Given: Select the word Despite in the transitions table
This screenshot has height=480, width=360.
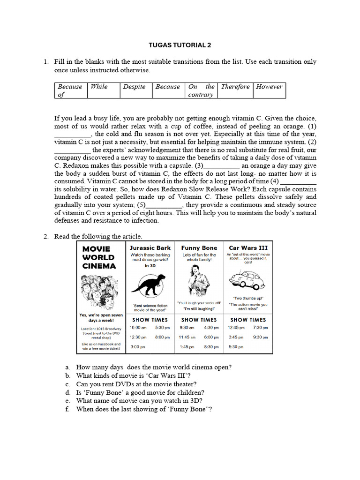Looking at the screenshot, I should (134, 87).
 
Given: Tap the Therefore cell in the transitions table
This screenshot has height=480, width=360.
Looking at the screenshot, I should (235, 87).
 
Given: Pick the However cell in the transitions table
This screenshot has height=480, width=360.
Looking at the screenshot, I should (269, 87).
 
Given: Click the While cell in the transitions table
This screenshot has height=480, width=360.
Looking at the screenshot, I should (99, 87).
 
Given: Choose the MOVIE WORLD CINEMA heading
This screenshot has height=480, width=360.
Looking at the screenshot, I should (99, 257).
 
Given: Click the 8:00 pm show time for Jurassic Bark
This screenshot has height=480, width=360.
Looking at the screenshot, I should (162, 337).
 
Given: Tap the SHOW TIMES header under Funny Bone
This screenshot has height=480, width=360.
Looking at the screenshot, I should (199, 320).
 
